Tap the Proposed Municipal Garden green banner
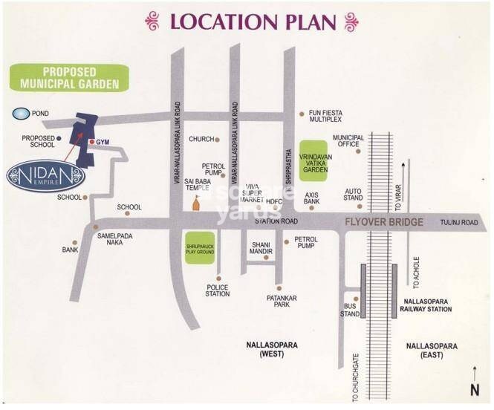[x=69, y=77]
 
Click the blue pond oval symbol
[x=21, y=114]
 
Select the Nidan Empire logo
[x=46, y=177]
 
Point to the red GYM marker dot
[x=91, y=141]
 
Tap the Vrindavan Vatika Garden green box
[x=313, y=159]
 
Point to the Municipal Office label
[x=348, y=141]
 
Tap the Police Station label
[x=218, y=290]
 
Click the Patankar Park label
[x=282, y=302]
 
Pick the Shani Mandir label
[x=261, y=248]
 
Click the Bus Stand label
[x=350, y=310]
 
